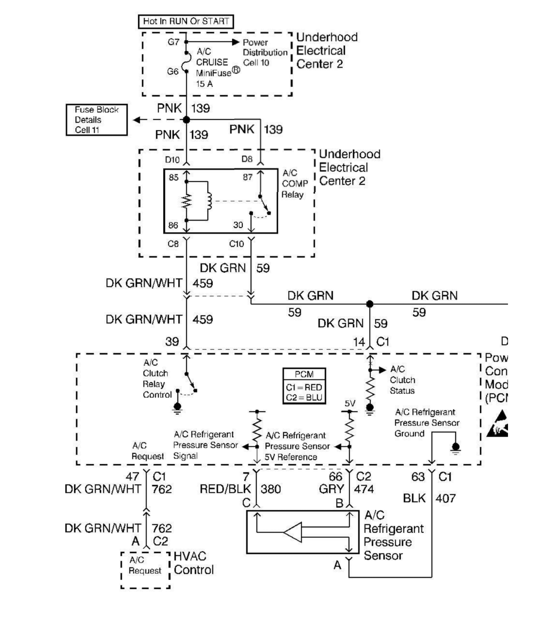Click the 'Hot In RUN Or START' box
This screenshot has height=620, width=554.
tap(186, 21)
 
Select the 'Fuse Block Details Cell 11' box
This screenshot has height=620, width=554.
tap(97, 120)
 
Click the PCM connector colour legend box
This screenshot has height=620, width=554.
tap(304, 386)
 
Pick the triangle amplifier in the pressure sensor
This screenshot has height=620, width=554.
tap(293, 532)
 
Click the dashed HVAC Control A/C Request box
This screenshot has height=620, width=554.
tap(145, 570)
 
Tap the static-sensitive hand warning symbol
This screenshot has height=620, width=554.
tap(497, 424)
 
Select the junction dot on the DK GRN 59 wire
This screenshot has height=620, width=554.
tap(369, 304)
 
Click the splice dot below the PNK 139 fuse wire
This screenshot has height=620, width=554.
tap(186, 119)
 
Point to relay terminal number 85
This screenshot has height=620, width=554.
tap(174, 178)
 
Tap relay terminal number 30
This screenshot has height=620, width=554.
tap(238, 225)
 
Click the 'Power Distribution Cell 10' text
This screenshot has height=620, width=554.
tap(264, 52)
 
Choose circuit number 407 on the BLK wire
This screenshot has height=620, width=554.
tap(446, 499)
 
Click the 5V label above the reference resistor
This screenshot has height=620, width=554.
tap(350, 403)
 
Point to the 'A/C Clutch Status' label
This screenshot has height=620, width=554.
tap(402, 380)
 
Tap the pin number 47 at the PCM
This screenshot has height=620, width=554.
tap(132, 477)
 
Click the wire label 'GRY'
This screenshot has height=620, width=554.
tap(331, 489)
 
